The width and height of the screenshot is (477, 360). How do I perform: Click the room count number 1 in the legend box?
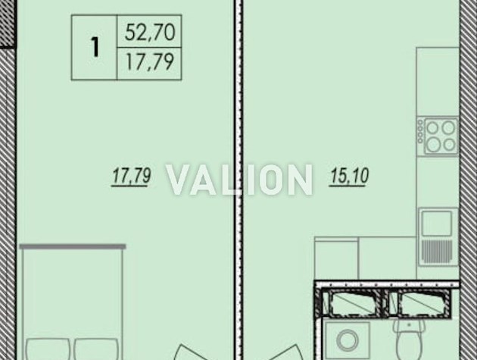[x=95, y=47]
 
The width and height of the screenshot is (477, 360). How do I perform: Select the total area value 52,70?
[x=150, y=33]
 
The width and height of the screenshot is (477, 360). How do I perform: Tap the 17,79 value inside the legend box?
[x=150, y=62]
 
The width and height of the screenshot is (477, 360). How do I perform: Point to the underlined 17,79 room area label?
[x=131, y=177]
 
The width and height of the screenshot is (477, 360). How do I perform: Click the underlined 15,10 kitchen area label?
[x=349, y=176]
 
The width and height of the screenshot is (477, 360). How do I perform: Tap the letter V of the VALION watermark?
[x=179, y=180]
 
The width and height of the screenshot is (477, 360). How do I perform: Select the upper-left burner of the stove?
[x=432, y=128]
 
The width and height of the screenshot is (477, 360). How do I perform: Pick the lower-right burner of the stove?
[x=449, y=144]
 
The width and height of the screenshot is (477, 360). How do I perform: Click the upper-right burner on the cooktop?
[x=448, y=127]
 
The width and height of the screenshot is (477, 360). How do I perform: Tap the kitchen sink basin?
[x=437, y=224]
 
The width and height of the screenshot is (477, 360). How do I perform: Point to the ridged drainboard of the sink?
[x=437, y=252]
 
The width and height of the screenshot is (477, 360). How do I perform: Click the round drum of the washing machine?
[x=348, y=340]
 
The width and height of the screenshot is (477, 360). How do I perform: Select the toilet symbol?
[x=410, y=339]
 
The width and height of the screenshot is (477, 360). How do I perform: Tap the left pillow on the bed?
[x=48, y=349]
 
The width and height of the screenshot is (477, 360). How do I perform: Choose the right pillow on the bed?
[x=96, y=349]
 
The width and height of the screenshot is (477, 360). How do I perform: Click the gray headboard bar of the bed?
[x=73, y=246]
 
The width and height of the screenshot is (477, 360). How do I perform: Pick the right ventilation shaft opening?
[x=419, y=302]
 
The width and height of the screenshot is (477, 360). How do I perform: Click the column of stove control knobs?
[x=420, y=132]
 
